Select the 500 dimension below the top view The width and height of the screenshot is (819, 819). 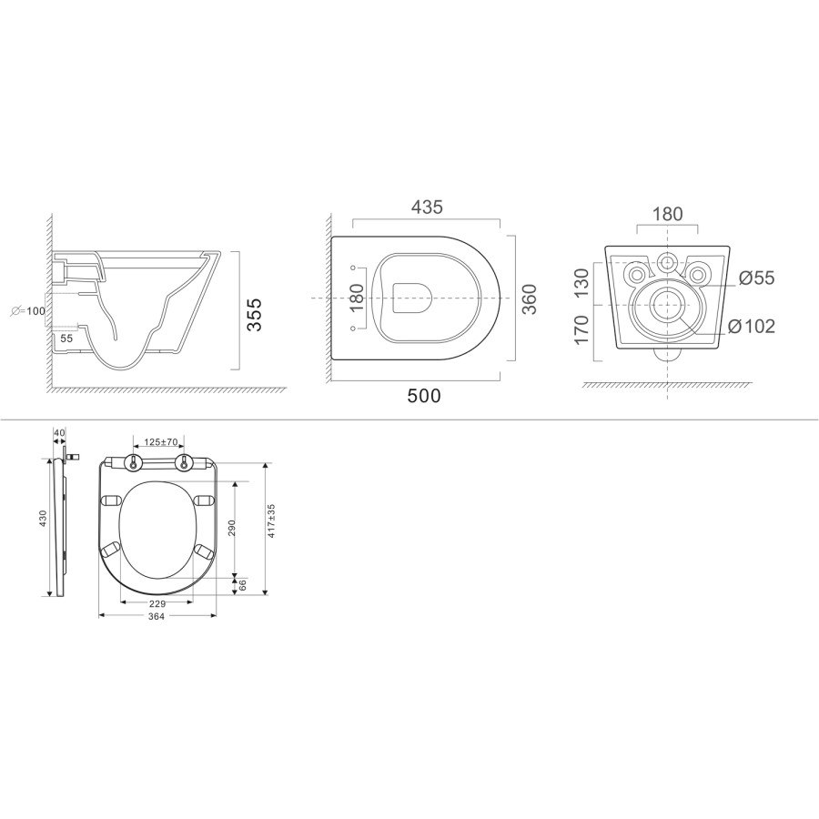pyautogui.click(x=424, y=396)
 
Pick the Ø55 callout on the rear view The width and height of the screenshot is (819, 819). pyautogui.click(x=756, y=278)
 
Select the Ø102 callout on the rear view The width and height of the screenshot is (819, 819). pyautogui.click(x=751, y=326)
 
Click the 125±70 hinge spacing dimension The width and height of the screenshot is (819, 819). pyautogui.click(x=159, y=442)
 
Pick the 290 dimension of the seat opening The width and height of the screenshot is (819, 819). pyautogui.click(x=232, y=528)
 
